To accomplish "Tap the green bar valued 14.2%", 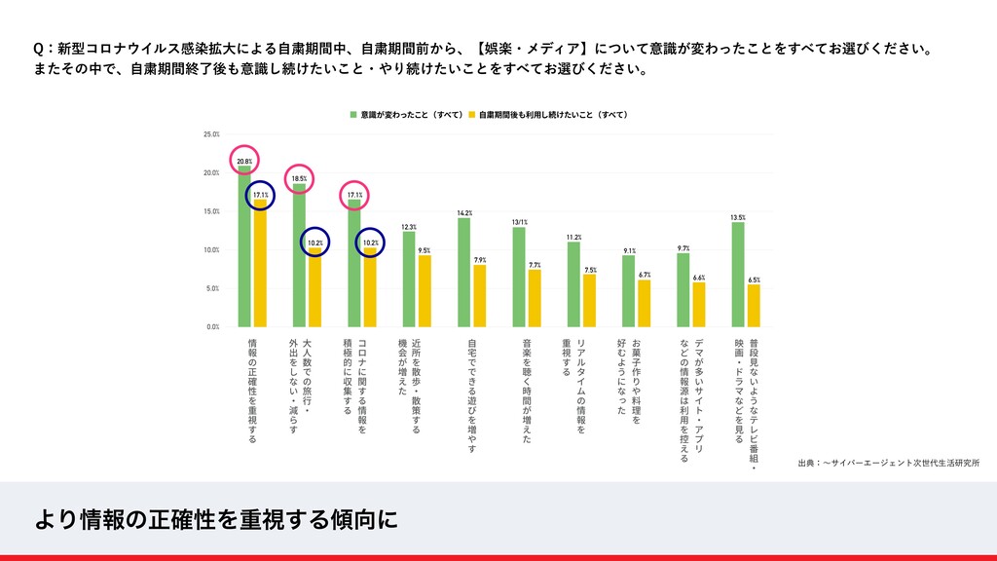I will (464, 273).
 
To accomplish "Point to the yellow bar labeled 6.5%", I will (754, 305).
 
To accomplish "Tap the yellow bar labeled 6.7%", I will (645, 303).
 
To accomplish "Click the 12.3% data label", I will (409, 226).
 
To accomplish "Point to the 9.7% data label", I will (683, 248).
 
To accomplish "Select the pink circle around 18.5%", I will (299, 177).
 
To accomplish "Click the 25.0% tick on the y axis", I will (211, 133).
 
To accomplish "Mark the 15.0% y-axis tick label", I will (211, 211).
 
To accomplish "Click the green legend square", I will (354, 114).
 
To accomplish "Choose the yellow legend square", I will (471, 114).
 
